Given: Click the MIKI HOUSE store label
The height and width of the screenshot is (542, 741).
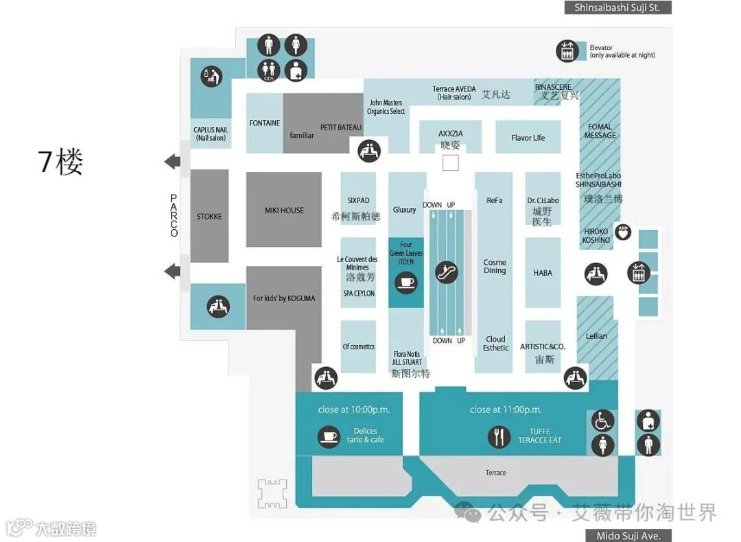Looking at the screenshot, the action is pos(284,210).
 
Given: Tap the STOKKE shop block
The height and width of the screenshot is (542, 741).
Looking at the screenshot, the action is pos(209,216).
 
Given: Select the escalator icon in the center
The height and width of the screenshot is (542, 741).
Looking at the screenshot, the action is pos(447,272).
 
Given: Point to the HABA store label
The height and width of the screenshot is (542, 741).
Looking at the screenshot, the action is pos(543,273).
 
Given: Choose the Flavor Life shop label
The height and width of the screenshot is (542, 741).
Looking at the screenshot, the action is pos(528,138).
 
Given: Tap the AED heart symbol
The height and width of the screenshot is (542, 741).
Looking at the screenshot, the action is pos(622,232).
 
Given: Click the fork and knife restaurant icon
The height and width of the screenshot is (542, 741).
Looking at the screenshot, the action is pos(499,436).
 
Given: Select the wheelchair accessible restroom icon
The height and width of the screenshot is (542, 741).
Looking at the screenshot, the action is pos(602,421).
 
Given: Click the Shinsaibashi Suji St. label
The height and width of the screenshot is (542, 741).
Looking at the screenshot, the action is pos(617,8).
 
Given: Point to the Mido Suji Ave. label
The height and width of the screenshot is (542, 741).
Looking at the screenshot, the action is pos(628,535).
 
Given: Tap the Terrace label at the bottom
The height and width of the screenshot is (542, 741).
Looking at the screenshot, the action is pos(495,473).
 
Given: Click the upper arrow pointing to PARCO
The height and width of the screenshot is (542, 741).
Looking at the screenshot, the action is pos(172,162).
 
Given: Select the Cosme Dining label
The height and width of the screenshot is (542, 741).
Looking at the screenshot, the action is pos(495,266).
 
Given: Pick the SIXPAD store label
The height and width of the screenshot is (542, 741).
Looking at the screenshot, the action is pos(358,201).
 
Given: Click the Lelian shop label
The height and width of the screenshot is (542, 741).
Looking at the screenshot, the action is pos(596,336).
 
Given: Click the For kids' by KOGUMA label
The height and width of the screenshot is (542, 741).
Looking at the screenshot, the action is pos(284,298).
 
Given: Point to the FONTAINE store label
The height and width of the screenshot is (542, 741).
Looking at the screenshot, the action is pos(265,123).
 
